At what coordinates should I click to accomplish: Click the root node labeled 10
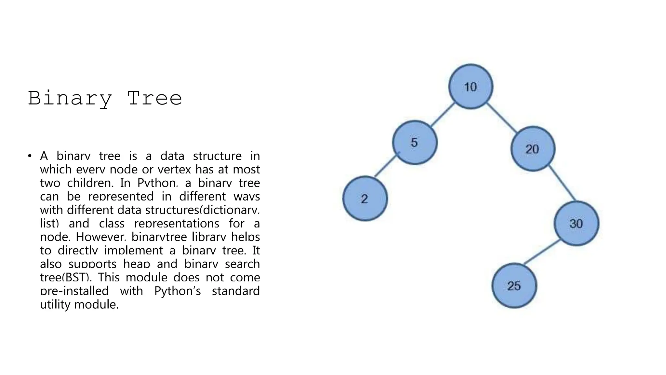click(471, 87)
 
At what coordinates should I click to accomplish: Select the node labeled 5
click(415, 143)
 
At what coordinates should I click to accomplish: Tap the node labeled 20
click(533, 149)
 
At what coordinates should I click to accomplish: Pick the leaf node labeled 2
click(365, 199)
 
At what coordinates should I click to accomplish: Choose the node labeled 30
click(576, 223)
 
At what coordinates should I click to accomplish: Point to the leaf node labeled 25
click(514, 285)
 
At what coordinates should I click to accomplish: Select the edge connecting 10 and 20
click(502, 118)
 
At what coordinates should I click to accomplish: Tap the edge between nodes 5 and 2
click(385, 165)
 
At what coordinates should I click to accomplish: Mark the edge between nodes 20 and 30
click(562, 183)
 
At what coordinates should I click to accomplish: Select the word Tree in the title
click(154, 98)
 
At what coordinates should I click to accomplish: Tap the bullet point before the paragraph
click(30, 156)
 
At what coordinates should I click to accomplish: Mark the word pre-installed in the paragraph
click(74, 291)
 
